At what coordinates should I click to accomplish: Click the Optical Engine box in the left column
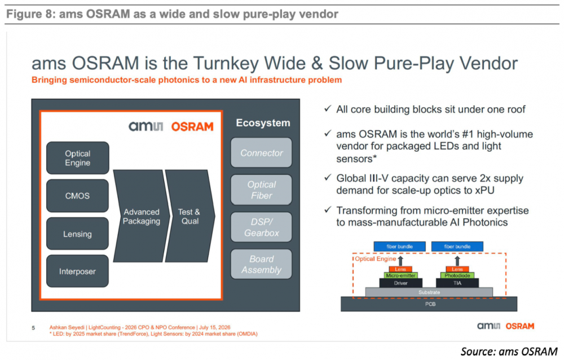pyautogui.click(x=78, y=158)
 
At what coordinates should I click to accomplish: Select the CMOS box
pyautogui.click(x=78, y=196)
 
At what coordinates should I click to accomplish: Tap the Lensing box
pyautogui.click(x=78, y=234)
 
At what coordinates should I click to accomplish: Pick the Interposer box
pyautogui.click(x=78, y=271)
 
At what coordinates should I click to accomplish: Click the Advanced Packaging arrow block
pyautogui.click(x=141, y=216)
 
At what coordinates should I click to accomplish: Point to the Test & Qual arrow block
pyautogui.click(x=190, y=216)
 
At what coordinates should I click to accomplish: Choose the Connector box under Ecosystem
pyautogui.click(x=262, y=153)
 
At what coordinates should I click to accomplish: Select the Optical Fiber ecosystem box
pyautogui.click(x=262, y=190)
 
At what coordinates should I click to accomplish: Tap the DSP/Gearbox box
pyautogui.click(x=262, y=227)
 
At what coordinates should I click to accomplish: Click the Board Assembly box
pyautogui.click(x=262, y=264)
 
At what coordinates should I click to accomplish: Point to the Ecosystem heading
pyautogui.click(x=263, y=123)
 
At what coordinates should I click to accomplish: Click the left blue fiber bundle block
pyautogui.click(x=400, y=247)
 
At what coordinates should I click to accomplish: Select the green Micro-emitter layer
pyautogui.click(x=400, y=275)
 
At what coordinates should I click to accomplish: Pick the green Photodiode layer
pyautogui.click(x=457, y=275)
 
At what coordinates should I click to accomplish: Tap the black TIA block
pyautogui.click(x=457, y=283)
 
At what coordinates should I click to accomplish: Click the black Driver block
pyautogui.click(x=400, y=283)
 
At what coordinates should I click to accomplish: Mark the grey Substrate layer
pyautogui.click(x=429, y=292)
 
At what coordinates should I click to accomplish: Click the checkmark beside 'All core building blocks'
pyautogui.click(x=327, y=108)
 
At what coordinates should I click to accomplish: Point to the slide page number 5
pyautogui.click(x=33, y=328)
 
